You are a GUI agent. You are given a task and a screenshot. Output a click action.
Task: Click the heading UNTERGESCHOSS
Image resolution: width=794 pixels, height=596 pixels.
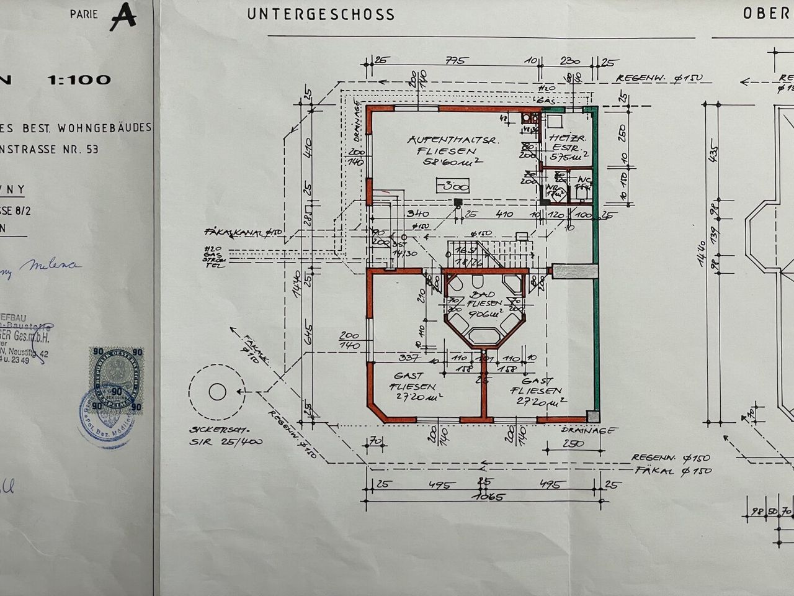tap(321, 14)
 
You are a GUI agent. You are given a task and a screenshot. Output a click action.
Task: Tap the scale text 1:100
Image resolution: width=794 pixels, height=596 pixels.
tap(79, 79)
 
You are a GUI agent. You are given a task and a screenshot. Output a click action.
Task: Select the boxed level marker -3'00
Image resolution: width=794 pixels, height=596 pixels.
tap(453, 185)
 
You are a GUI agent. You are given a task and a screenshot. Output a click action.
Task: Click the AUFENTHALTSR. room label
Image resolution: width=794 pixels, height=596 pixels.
tap(442, 140)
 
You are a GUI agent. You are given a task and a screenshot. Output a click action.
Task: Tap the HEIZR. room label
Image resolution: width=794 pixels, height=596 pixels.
tap(564, 139)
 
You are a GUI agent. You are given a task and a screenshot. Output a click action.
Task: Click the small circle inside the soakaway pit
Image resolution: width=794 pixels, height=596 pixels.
tap(217, 392)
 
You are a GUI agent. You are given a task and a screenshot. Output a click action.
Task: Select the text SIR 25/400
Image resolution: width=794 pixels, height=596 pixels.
tap(226, 442)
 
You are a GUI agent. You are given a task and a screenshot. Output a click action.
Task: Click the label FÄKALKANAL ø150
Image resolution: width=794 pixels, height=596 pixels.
tap(243, 232)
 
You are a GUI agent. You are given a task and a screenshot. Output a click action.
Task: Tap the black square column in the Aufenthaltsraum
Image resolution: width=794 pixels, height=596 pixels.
tap(458, 202)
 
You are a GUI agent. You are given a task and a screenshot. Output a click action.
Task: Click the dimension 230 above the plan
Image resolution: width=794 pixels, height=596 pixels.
tap(569, 61)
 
